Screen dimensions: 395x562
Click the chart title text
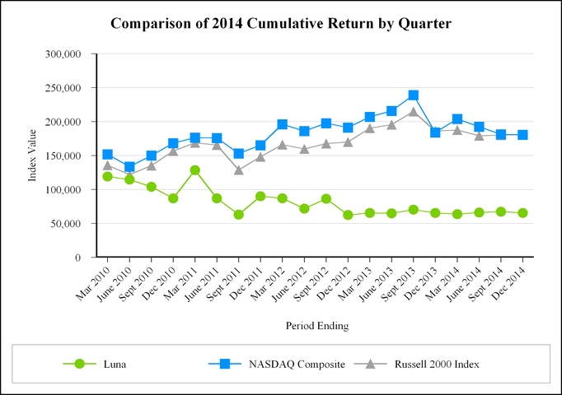280,23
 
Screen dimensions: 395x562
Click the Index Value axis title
34,156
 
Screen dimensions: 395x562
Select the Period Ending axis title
317,326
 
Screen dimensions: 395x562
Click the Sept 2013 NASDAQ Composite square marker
414,95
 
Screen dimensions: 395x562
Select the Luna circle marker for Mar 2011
195,170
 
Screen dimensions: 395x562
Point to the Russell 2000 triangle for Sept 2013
414,111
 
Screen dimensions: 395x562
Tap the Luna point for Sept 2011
239,215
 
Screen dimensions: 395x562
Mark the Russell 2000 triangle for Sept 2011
239,170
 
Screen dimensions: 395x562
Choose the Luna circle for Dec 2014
522,213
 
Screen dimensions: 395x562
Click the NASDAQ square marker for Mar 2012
283,124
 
